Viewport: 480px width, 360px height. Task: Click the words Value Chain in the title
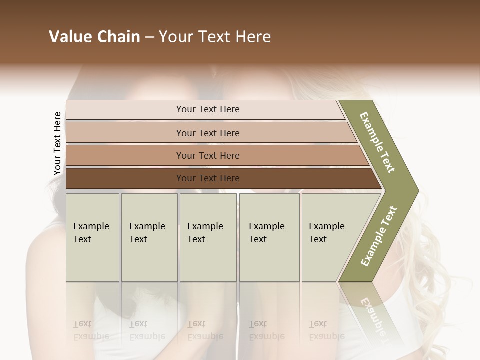94,37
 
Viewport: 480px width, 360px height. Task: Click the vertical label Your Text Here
57,144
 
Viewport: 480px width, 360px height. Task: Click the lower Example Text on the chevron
379,236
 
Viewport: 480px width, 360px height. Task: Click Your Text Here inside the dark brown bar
208,178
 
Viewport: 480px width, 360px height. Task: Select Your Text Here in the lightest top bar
208,109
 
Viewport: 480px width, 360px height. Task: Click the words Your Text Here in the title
214,37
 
